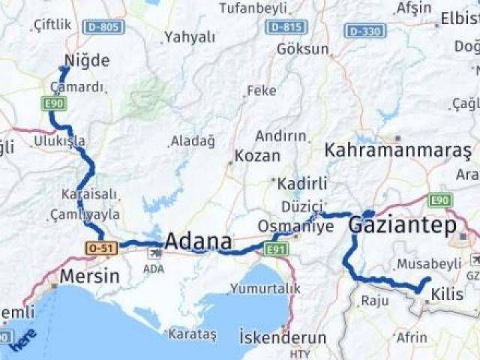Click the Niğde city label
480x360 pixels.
(87, 61)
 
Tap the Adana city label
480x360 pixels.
(198, 242)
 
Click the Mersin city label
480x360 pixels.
(89, 275)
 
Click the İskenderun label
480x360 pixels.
(283, 337)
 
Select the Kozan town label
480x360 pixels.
(257, 156)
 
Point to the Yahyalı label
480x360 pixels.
(190, 37)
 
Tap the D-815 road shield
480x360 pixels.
(286, 27)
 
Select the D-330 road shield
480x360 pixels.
(365, 31)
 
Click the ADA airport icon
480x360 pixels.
(154, 253)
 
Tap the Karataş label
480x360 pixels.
(193, 333)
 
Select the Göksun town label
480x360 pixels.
(303, 49)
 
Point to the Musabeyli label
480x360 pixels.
(429, 264)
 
